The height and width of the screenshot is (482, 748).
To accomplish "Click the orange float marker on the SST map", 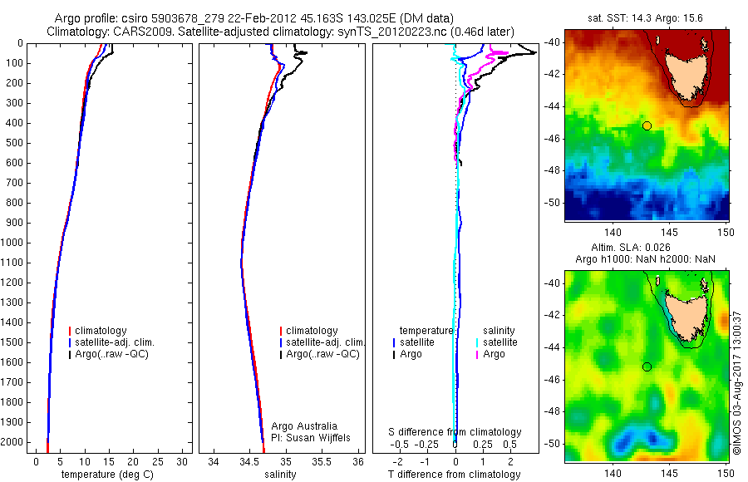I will click(x=647, y=125).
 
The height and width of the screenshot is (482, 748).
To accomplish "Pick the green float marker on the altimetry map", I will click(x=647, y=366).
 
